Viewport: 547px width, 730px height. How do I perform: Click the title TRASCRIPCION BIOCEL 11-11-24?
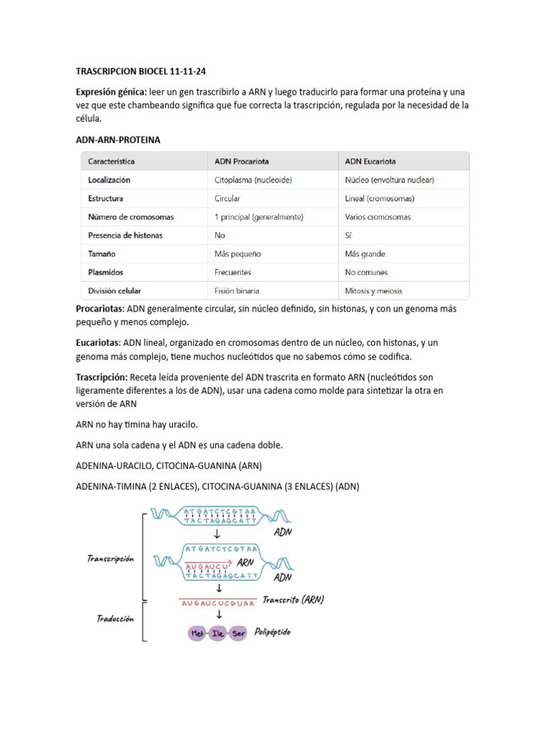pos(141,72)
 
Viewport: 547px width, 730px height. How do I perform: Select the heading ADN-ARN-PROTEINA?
pos(118,140)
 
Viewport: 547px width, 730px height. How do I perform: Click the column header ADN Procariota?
pos(241,161)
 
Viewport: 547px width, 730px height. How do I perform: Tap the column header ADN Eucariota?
pos(370,161)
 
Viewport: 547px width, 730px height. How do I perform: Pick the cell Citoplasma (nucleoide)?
pos(254,180)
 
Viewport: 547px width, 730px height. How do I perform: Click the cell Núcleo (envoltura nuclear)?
pos(389,180)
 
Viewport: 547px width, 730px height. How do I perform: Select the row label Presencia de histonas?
pos(125,235)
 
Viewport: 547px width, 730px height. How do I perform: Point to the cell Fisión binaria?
pos(237,291)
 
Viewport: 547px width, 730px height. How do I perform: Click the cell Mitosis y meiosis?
pos(373,291)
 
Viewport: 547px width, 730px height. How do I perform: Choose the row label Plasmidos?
pos(105,272)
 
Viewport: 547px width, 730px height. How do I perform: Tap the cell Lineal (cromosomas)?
pos(380,199)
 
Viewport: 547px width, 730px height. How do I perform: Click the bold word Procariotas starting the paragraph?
pos(100,309)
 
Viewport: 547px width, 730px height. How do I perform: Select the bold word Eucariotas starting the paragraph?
pos(98,343)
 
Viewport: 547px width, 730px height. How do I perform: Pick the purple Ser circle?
pos(239,634)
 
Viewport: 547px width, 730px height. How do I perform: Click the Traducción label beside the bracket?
pos(115,619)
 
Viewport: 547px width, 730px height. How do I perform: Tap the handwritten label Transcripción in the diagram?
pos(111,559)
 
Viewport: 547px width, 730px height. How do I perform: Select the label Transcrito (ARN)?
pos(293,600)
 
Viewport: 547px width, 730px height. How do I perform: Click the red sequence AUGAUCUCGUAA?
pos(219,603)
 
